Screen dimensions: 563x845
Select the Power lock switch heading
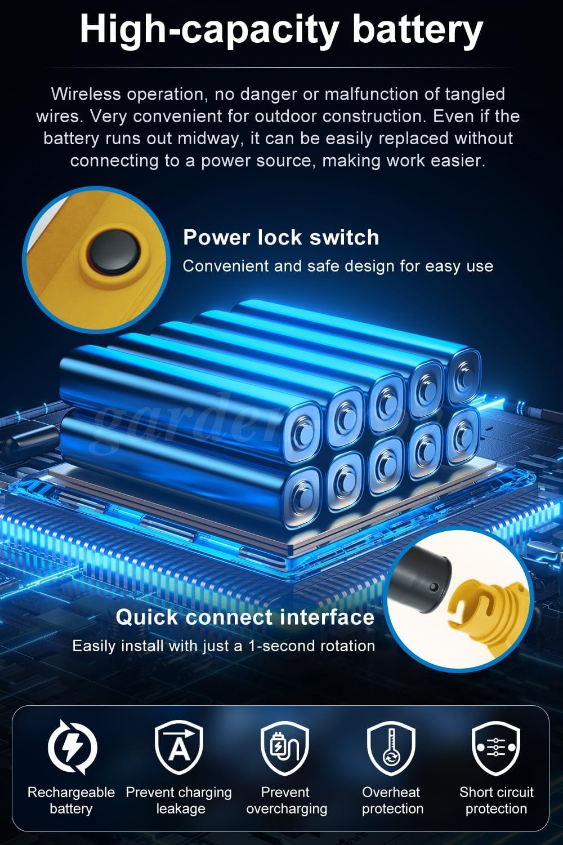281,238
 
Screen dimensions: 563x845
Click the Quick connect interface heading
245,617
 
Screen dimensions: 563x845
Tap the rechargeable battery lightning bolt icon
73,747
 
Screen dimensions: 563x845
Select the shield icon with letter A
179,747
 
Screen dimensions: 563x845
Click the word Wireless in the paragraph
86,94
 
